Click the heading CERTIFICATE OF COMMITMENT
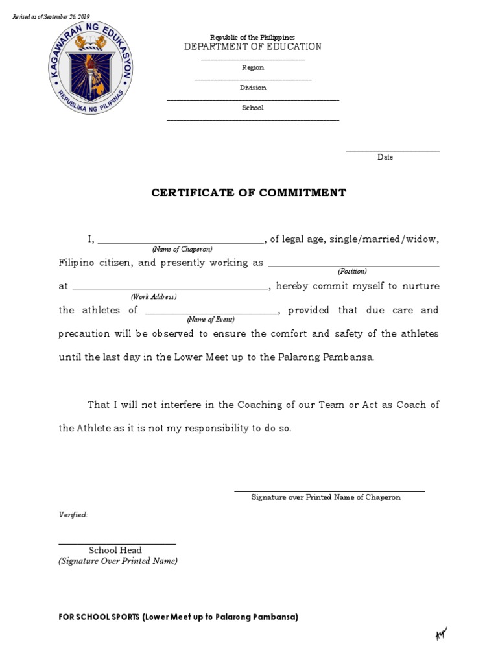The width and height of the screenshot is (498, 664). [249, 193]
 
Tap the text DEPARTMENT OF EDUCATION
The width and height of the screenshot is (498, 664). [252, 47]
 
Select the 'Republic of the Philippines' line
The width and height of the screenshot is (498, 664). [252, 38]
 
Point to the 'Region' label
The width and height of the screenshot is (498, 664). [253, 67]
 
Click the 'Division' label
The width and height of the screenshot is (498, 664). [253, 88]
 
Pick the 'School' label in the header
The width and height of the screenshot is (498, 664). [253, 108]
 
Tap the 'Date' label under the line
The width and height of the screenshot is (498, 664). [385, 157]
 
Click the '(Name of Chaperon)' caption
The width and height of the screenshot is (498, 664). [182, 249]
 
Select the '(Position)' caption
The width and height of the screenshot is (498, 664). [352, 271]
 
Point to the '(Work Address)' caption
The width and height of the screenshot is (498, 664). [154, 296]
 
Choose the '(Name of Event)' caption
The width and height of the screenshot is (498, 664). [211, 319]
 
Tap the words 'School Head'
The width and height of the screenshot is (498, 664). [115, 551]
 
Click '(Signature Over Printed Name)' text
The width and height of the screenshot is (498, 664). [118, 562]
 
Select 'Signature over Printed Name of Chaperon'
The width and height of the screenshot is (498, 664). [326, 497]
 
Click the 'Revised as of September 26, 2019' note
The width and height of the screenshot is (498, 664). [52, 16]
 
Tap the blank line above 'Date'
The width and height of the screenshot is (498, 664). [392, 152]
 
